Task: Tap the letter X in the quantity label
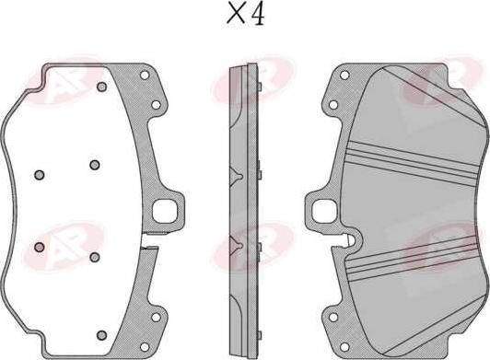pos(236,14)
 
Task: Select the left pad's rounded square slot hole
pos(165,211)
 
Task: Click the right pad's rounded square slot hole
pos(325,211)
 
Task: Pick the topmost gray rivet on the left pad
pos(101,87)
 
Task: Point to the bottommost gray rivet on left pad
pos(101,335)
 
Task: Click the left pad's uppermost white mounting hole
pos(145,75)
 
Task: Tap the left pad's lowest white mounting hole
pos(145,347)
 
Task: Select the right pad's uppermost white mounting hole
pos(344,75)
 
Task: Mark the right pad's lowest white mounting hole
pos(344,347)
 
